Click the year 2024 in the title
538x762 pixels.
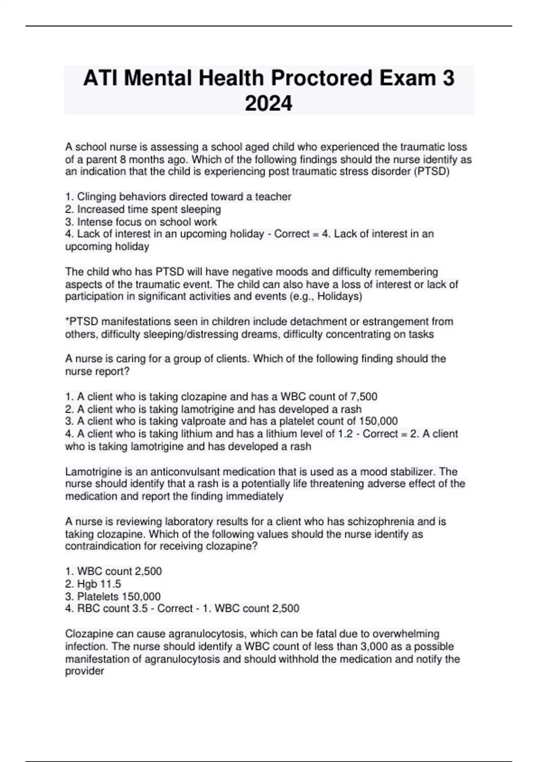tap(269, 104)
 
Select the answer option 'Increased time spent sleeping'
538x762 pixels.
tap(149, 209)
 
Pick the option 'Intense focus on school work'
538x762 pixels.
tap(147, 222)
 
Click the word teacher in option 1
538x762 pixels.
tap(273, 197)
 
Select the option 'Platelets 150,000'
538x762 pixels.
tap(118, 597)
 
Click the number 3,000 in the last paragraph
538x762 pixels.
tap(374, 646)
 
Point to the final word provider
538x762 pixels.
tap(84, 671)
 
